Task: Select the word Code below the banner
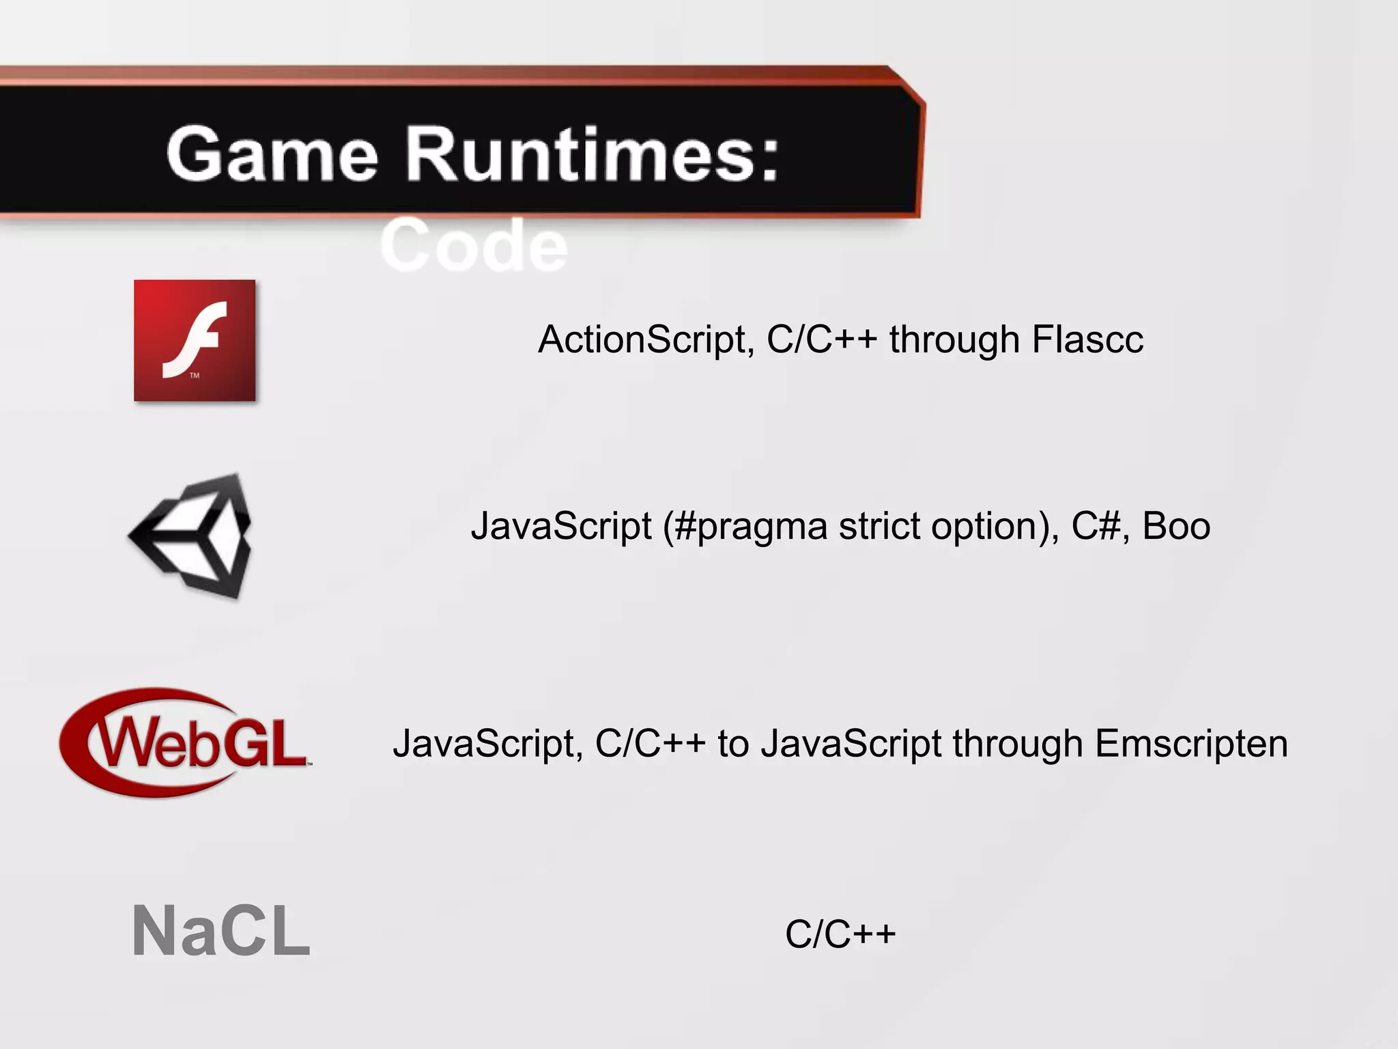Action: [474, 246]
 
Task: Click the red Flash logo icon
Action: [195, 340]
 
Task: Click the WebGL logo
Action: [184, 743]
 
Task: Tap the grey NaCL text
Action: [220, 932]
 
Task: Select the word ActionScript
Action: [645, 339]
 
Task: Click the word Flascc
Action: [1087, 339]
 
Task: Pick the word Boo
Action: [1175, 527]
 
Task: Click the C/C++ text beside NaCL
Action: [840, 934]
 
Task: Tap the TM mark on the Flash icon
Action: [195, 376]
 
